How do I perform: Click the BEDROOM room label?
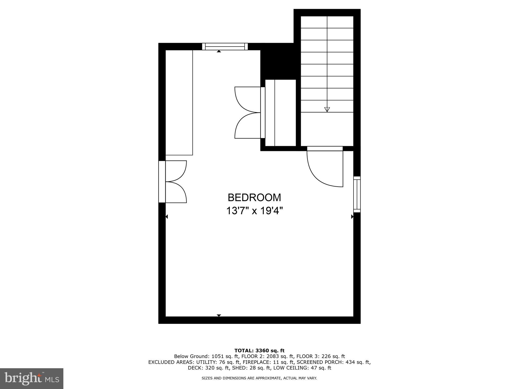[x=254, y=198]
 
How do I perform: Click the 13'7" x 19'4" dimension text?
[x=254, y=211]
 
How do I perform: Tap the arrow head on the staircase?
[x=327, y=109]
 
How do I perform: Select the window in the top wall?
[x=225, y=47]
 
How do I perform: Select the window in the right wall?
[x=357, y=194]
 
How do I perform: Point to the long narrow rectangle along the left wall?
[x=179, y=102]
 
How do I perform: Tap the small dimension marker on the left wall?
[x=166, y=217]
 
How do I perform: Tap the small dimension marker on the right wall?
[x=352, y=217]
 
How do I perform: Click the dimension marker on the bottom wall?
[x=219, y=315]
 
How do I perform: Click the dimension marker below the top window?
[x=219, y=51]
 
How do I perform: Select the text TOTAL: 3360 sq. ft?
[x=259, y=351]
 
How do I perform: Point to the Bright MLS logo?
[x=32, y=378]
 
